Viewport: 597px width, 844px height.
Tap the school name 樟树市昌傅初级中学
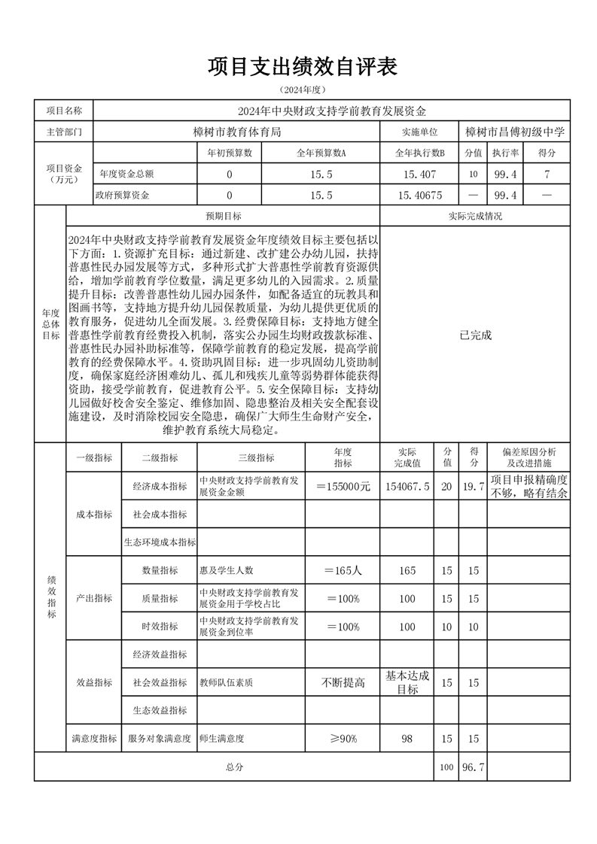[515, 132]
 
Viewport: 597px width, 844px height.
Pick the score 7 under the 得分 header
[547, 174]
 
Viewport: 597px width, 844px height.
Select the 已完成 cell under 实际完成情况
[475, 335]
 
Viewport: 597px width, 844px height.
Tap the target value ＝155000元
[343, 487]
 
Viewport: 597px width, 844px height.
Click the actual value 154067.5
[407, 487]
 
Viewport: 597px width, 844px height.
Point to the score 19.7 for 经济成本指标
[473, 487]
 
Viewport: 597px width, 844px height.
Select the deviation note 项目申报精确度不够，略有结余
[528, 487]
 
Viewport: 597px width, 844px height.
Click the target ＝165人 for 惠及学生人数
[343, 571]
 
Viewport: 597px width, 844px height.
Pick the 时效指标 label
[160, 627]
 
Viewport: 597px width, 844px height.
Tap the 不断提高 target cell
[343, 683]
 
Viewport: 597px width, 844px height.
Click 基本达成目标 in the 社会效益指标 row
[407, 683]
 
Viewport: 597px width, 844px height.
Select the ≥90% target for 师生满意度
[343, 739]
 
